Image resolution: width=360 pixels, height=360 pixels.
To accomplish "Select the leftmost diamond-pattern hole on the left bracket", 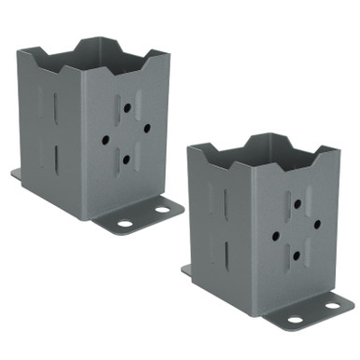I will click(105, 139).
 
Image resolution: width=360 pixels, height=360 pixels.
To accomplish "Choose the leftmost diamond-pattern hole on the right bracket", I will click(276, 235).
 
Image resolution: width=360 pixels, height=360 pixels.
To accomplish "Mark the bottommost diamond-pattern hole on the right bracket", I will click(297, 255).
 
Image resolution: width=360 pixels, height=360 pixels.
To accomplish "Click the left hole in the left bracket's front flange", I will click(124, 224).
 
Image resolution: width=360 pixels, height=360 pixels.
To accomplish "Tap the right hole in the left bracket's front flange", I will click(160, 210).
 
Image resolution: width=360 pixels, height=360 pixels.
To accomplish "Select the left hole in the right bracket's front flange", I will click(296, 320).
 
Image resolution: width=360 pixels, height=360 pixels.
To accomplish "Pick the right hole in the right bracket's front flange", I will click(332, 304).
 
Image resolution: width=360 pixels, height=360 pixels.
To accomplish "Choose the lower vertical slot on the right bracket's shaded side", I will click(226, 254).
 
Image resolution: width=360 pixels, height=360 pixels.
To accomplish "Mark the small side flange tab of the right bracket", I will click(187, 270).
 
